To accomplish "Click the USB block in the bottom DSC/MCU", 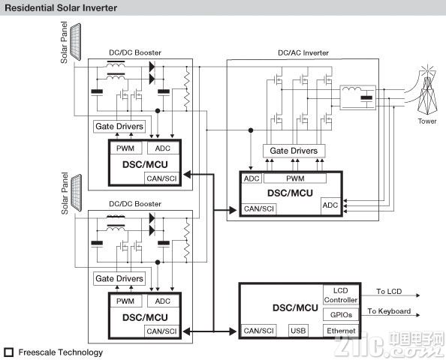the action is coord(298,331).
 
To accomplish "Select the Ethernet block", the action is coord(341,331).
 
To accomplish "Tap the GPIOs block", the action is coord(341,315).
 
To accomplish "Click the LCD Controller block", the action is coord(341,295).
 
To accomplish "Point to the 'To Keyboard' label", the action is coord(389,311).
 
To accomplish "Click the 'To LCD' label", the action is coord(389,292).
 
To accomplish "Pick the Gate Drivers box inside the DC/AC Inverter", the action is coord(294,151).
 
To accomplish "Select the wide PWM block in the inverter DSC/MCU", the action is coord(295,178).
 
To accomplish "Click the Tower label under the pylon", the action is coord(427,121).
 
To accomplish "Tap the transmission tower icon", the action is coord(426,90).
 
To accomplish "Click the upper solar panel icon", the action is coord(75,42).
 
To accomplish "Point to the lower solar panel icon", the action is coord(76,193).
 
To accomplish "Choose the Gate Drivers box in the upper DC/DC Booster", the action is coord(119,127).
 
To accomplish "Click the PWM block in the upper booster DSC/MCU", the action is coord(125,148).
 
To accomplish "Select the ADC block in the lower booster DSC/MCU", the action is coord(163,301).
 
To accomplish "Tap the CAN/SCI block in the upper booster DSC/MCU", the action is coord(162,178).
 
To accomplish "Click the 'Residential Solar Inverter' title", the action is coord(61,7).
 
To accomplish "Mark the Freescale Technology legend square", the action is coord(9,352).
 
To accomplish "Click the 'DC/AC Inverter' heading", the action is coord(303,53).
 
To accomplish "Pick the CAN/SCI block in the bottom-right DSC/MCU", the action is coord(258,331).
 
